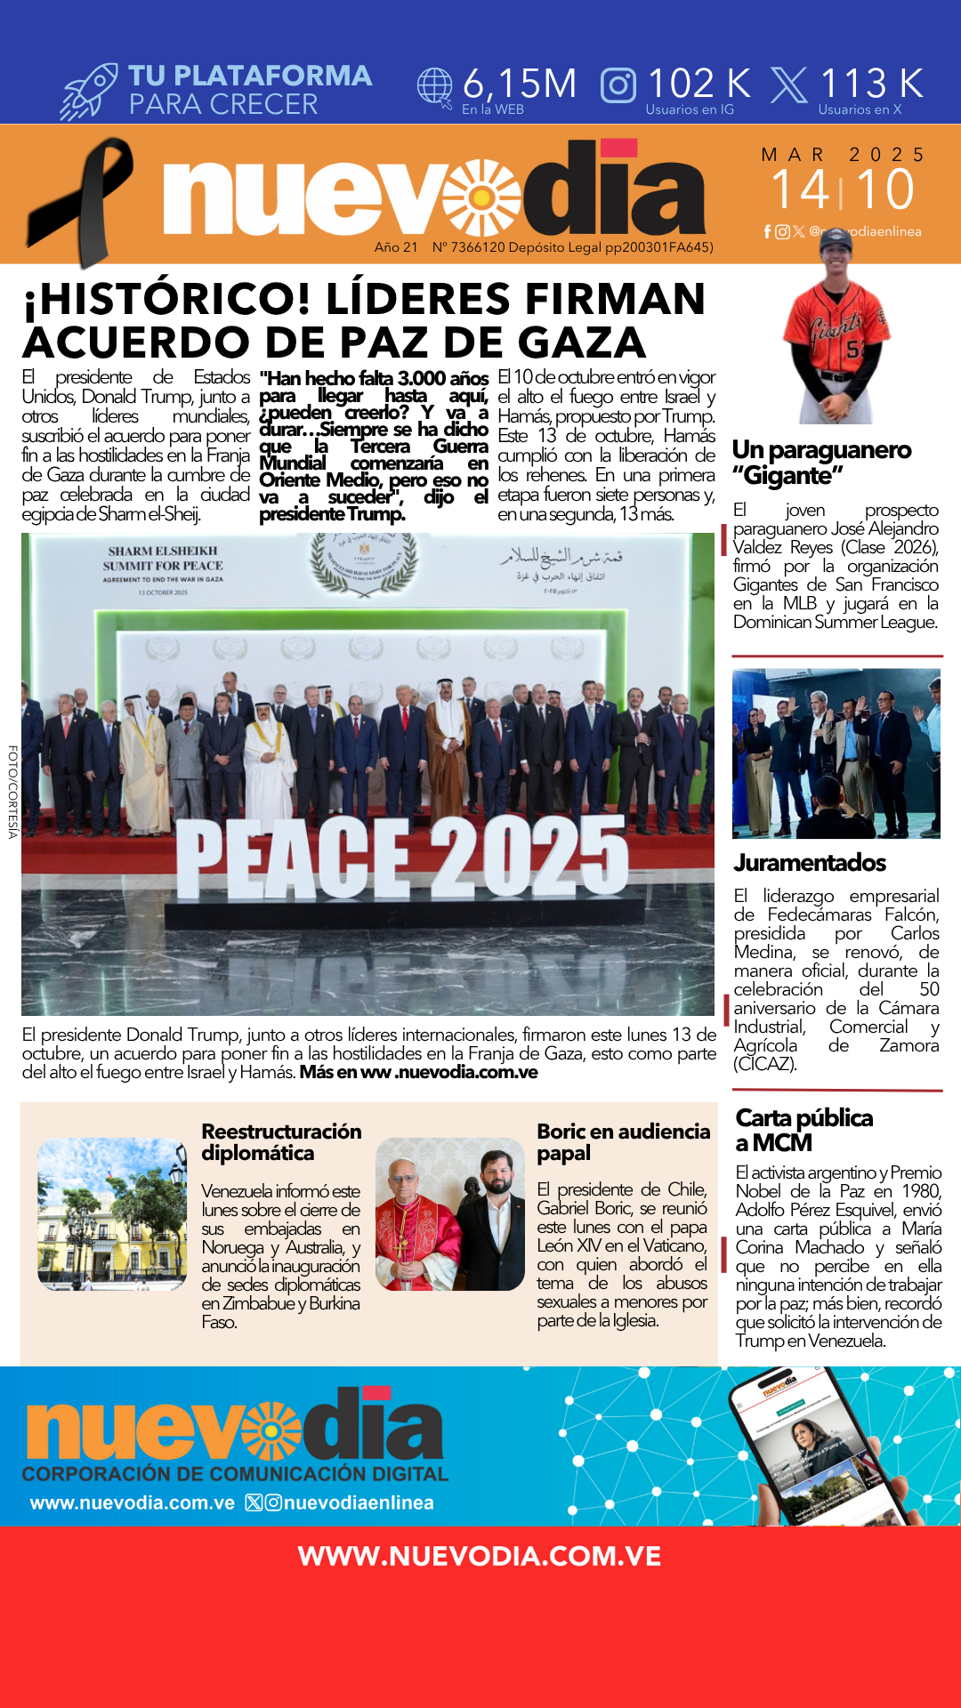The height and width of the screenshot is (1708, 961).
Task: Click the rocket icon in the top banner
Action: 89,91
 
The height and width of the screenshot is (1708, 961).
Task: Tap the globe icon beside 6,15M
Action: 435,87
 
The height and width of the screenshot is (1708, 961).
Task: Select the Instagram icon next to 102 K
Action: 618,85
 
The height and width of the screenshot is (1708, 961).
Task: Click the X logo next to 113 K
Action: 788,85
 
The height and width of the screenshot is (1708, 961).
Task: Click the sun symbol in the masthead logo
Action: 481,197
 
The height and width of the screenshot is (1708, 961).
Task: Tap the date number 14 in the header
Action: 799,189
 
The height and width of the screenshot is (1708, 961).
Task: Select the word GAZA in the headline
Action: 582,343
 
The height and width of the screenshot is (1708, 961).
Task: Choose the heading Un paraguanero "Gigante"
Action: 820,462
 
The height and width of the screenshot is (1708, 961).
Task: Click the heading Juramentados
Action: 809,863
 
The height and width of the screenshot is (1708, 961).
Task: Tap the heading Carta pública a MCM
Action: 804,1130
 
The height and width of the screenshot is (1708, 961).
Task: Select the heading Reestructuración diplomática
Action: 281,1142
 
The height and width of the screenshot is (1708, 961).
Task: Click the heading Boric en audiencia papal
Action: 623,1142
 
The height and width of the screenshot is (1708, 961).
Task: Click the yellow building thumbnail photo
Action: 112,1214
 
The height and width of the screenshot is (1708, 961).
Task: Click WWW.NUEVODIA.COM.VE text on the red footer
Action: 480,1556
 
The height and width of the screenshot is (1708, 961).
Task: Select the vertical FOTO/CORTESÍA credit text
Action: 12,792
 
